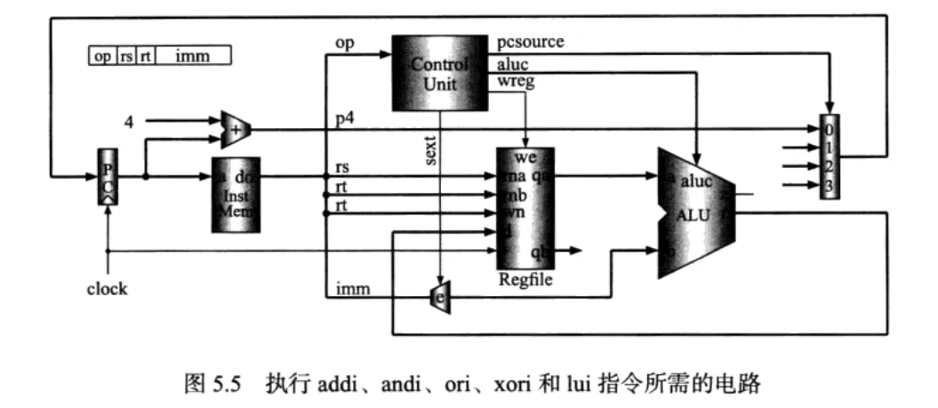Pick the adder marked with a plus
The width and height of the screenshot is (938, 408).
coord(235,129)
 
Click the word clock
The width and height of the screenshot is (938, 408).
coord(107,289)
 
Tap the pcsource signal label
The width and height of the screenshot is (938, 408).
coord(532,42)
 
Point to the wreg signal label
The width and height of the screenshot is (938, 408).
coord(517,83)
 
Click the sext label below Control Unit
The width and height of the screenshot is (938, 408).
coord(429,152)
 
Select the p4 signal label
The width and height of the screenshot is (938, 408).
coord(344,119)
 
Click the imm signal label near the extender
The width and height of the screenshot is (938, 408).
coord(347,288)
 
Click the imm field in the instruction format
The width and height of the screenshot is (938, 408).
coord(191,56)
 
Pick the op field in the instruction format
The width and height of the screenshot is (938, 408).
coord(103,56)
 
